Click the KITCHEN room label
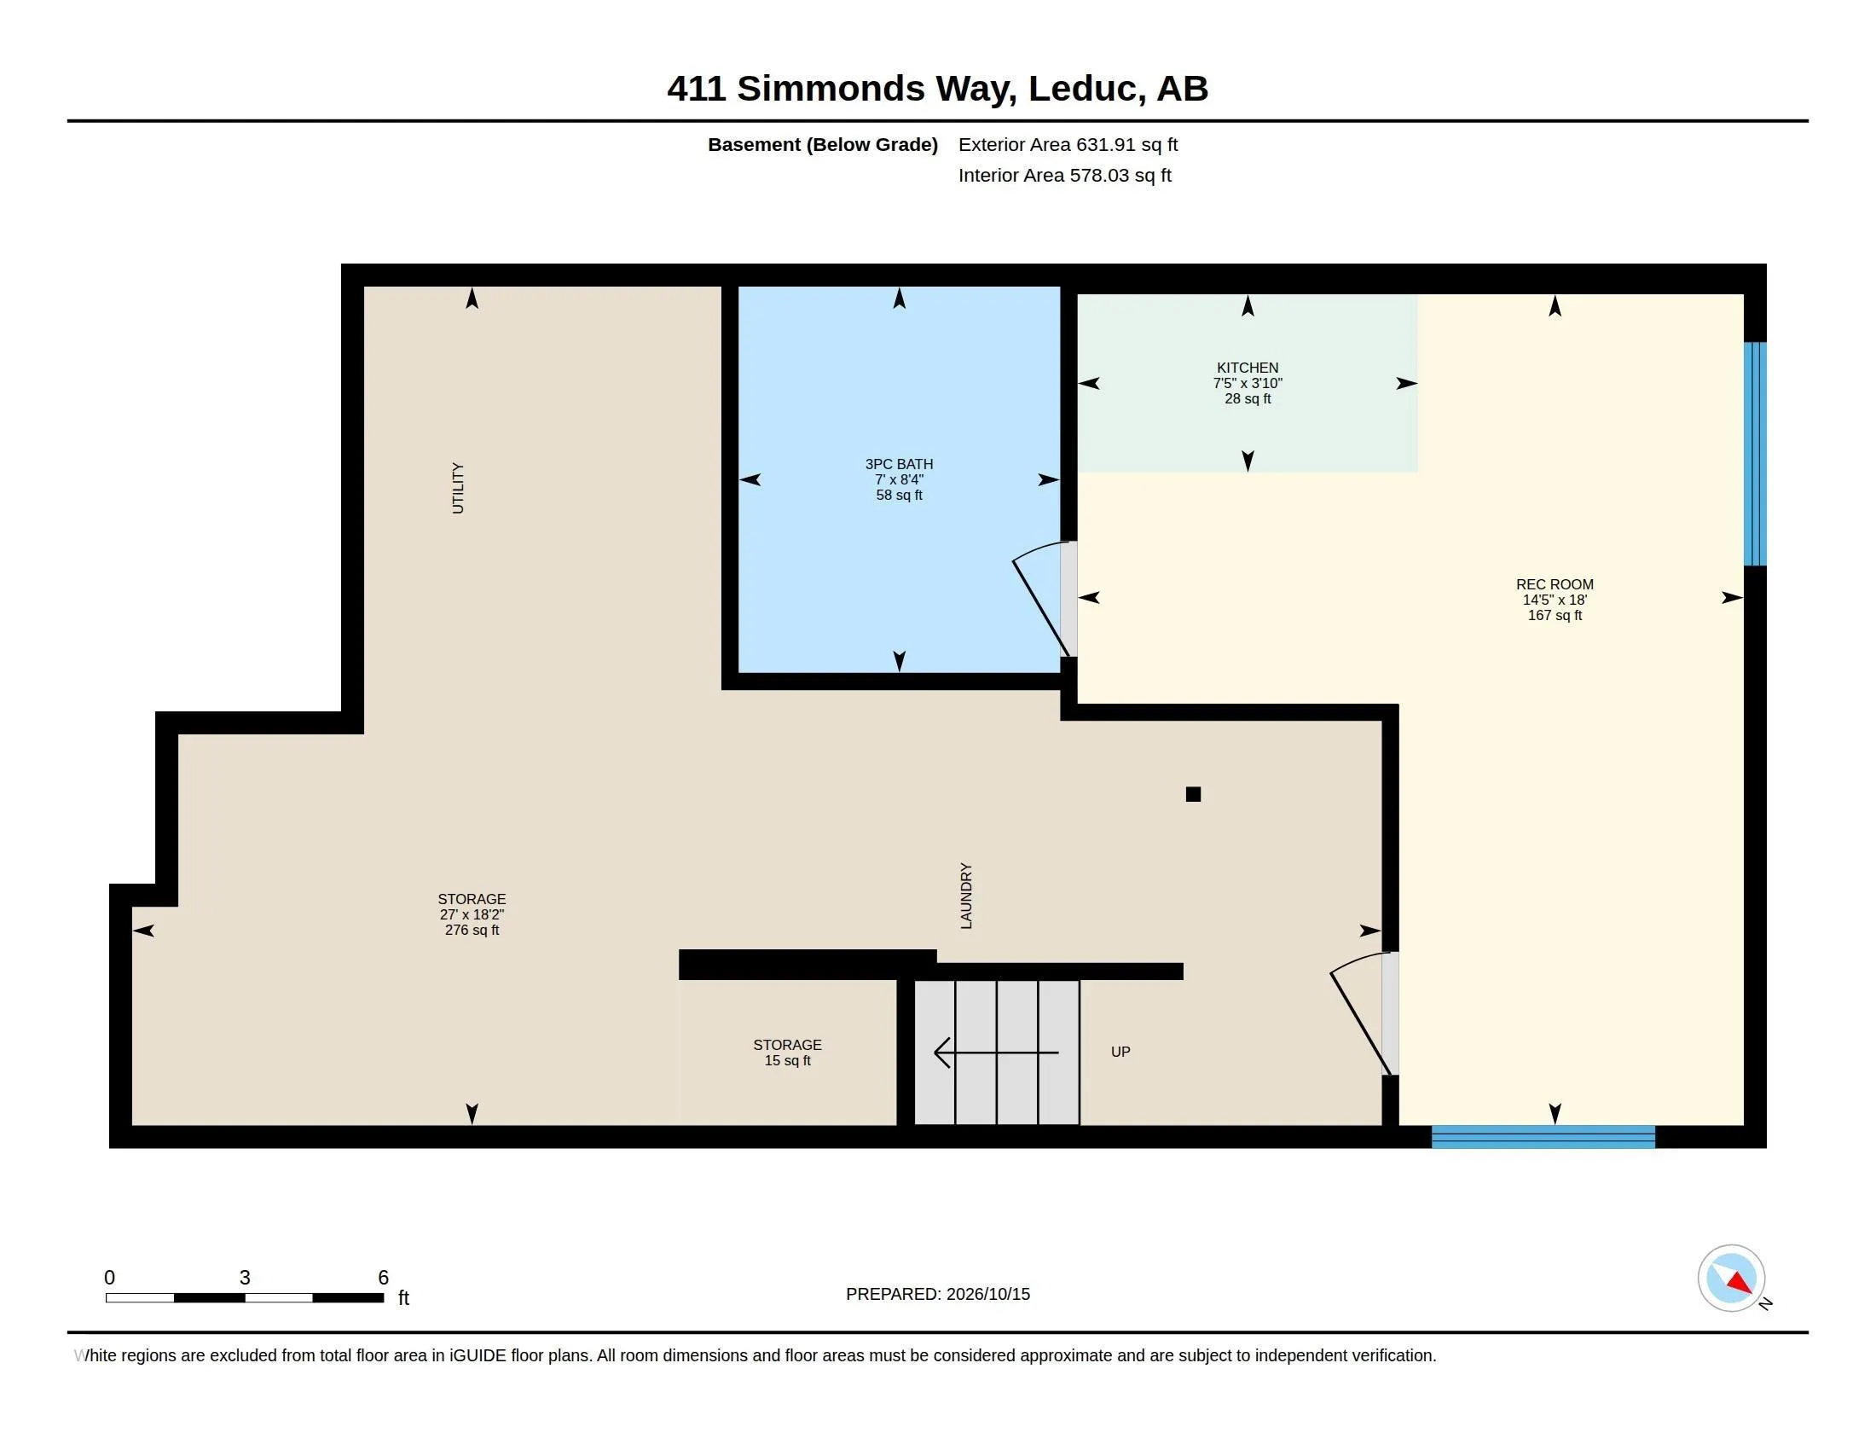click(1248, 368)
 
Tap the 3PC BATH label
click(899, 464)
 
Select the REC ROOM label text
click(1554, 584)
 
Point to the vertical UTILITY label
click(458, 488)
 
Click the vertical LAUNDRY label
click(966, 896)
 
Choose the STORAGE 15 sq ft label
click(787, 1053)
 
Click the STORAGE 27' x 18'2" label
click(472, 914)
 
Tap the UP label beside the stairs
click(1120, 1052)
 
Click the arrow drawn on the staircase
click(996, 1053)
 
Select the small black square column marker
click(1193, 794)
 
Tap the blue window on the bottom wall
click(1543, 1136)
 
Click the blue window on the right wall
click(1755, 454)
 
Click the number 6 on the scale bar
click(383, 1278)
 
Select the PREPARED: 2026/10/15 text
click(938, 1294)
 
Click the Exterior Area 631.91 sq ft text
click(1068, 144)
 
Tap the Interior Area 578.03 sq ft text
click(1064, 175)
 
